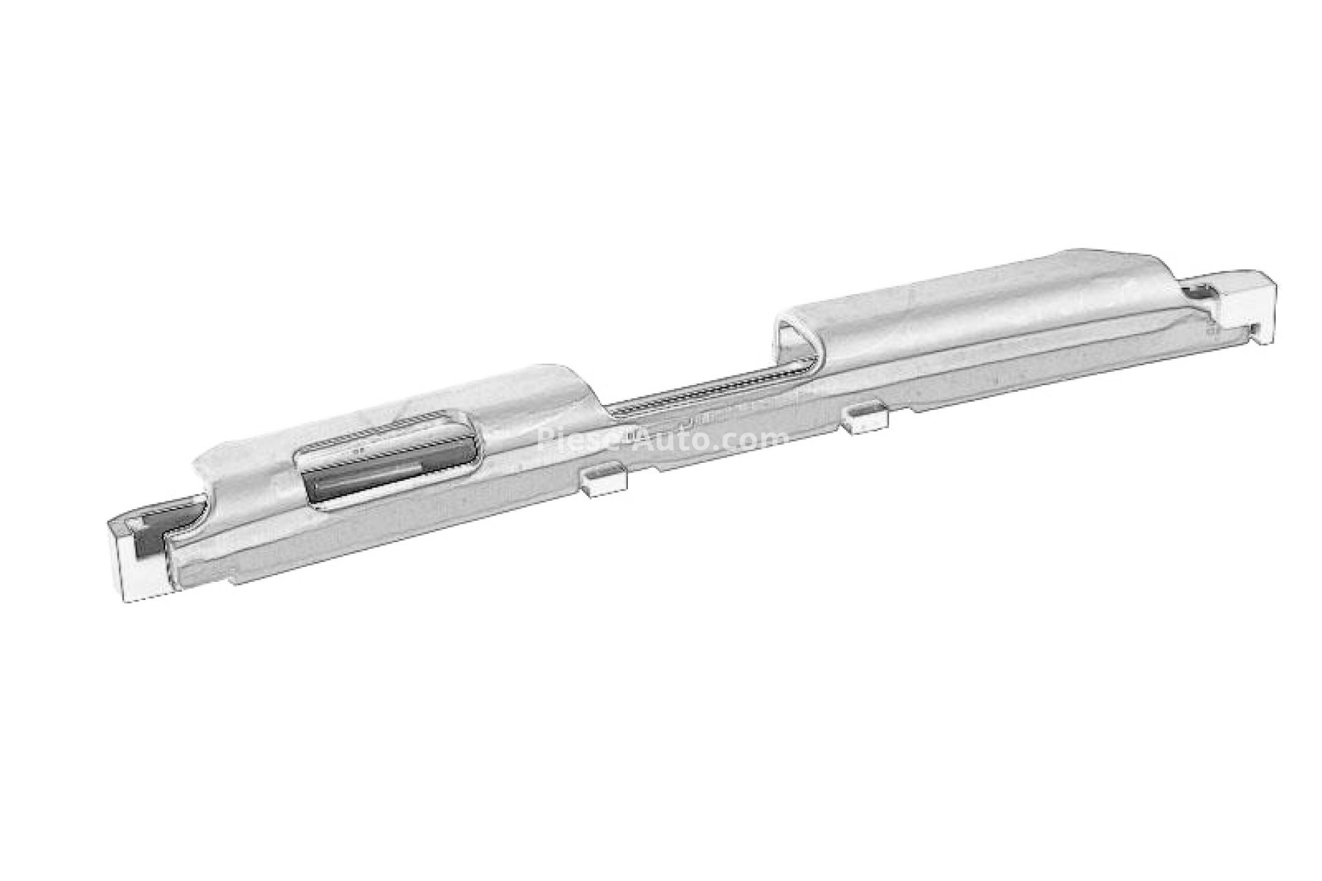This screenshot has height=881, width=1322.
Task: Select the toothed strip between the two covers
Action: coord(709,395)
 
